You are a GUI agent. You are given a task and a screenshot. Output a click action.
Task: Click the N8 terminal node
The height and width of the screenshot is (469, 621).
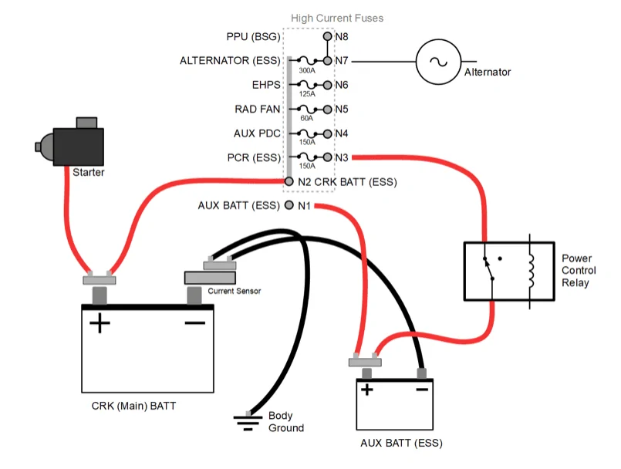click(327, 36)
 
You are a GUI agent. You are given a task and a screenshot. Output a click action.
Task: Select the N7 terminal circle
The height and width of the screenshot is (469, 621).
click(327, 61)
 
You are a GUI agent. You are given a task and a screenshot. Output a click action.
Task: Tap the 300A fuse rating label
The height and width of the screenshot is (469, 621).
click(307, 70)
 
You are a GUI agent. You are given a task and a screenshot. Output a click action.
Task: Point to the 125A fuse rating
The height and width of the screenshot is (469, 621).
click(307, 94)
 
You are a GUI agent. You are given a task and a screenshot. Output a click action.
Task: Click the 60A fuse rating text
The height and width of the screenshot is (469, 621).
click(306, 118)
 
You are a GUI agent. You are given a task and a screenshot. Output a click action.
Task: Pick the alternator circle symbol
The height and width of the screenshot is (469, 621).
click(438, 62)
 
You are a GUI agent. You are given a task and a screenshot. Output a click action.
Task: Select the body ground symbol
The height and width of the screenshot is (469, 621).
click(248, 422)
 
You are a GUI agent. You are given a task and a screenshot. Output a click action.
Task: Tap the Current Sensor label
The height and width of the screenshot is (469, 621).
click(234, 291)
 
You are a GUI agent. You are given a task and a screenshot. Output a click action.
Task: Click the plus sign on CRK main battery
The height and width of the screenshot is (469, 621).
click(100, 323)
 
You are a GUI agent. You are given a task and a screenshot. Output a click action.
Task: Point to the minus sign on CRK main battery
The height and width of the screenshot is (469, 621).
click(195, 323)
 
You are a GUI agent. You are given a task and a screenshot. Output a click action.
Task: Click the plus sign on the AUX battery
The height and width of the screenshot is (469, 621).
click(367, 390)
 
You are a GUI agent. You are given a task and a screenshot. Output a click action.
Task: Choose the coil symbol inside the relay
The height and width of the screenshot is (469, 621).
click(531, 272)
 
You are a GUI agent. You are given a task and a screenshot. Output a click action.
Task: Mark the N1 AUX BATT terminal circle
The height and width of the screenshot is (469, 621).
click(289, 205)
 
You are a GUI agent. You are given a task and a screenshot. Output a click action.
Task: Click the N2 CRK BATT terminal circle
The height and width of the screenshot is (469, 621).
click(289, 181)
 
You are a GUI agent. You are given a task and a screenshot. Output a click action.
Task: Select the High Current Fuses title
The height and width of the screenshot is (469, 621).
click(337, 19)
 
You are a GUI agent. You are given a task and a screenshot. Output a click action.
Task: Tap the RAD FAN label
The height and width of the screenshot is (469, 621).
click(258, 109)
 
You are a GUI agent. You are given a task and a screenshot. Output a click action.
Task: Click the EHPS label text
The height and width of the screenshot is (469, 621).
click(266, 85)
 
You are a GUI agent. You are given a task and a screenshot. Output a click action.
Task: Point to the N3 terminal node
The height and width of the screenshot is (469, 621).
click(327, 157)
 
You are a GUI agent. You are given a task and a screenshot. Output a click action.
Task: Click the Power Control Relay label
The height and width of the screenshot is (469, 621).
click(579, 271)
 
